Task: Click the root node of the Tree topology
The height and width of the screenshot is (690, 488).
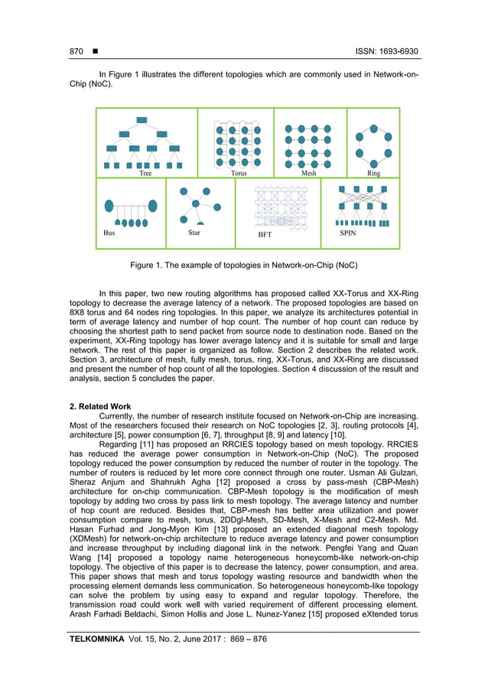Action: tap(142, 120)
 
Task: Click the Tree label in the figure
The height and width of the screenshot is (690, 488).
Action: tap(145, 174)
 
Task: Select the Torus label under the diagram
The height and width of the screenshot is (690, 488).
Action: tap(239, 174)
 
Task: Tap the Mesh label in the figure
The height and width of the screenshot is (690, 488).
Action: tap(308, 174)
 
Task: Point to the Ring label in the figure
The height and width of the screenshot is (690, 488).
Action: tap(373, 174)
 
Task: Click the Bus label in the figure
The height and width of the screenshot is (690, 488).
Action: tap(109, 233)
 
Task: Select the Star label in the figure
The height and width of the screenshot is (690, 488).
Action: tap(194, 233)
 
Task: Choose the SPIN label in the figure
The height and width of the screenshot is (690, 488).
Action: tap(348, 233)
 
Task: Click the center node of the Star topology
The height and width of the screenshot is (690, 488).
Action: tap(196, 203)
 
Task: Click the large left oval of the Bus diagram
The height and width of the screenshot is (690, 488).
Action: tap(109, 205)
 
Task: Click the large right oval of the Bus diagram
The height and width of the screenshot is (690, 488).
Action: tap(153, 205)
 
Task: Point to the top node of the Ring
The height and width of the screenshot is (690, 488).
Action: tap(373, 120)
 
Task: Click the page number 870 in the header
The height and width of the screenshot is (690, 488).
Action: tap(76, 52)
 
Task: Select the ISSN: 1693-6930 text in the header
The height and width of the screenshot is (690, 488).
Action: tap(387, 52)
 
